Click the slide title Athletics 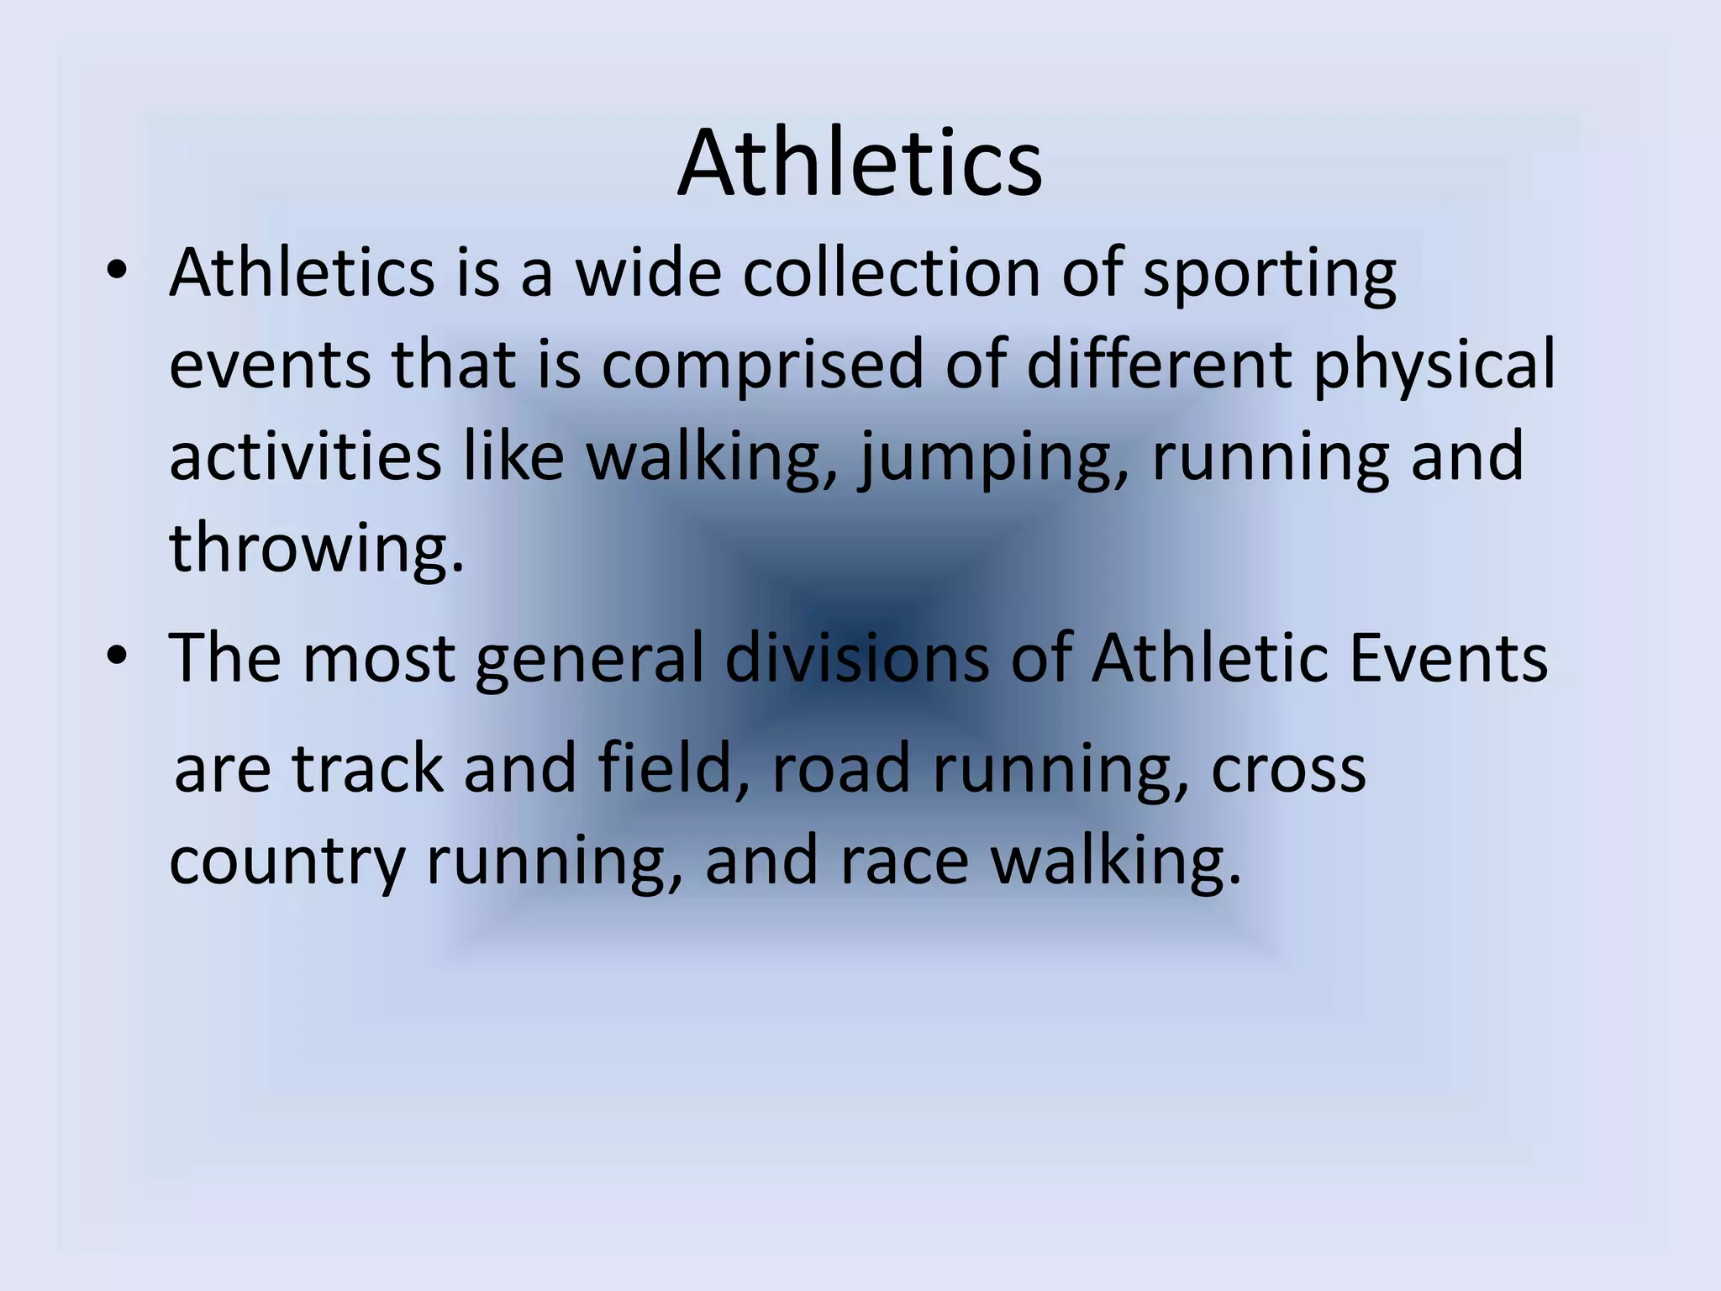click(860, 162)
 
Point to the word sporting click(1270, 276)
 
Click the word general click(589, 659)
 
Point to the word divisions click(856, 657)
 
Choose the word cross click(1288, 770)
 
